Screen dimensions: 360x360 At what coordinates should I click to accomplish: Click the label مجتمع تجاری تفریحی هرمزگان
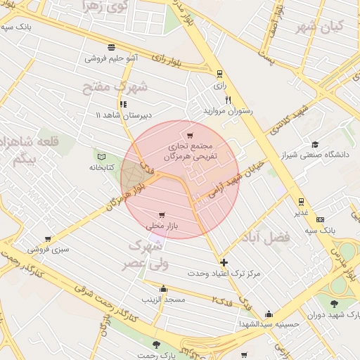[x=189, y=153]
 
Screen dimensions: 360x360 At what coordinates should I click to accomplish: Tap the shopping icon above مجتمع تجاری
[x=189, y=135]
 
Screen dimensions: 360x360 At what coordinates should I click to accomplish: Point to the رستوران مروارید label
[x=228, y=111]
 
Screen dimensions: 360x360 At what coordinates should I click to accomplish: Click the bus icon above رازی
[x=220, y=72]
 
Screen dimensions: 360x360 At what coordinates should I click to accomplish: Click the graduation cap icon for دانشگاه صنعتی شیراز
[x=314, y=144]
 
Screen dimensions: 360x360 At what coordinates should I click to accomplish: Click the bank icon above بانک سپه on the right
[x=321, y=219]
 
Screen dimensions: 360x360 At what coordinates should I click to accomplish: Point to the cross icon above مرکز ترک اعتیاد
[x=224, y=262]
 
